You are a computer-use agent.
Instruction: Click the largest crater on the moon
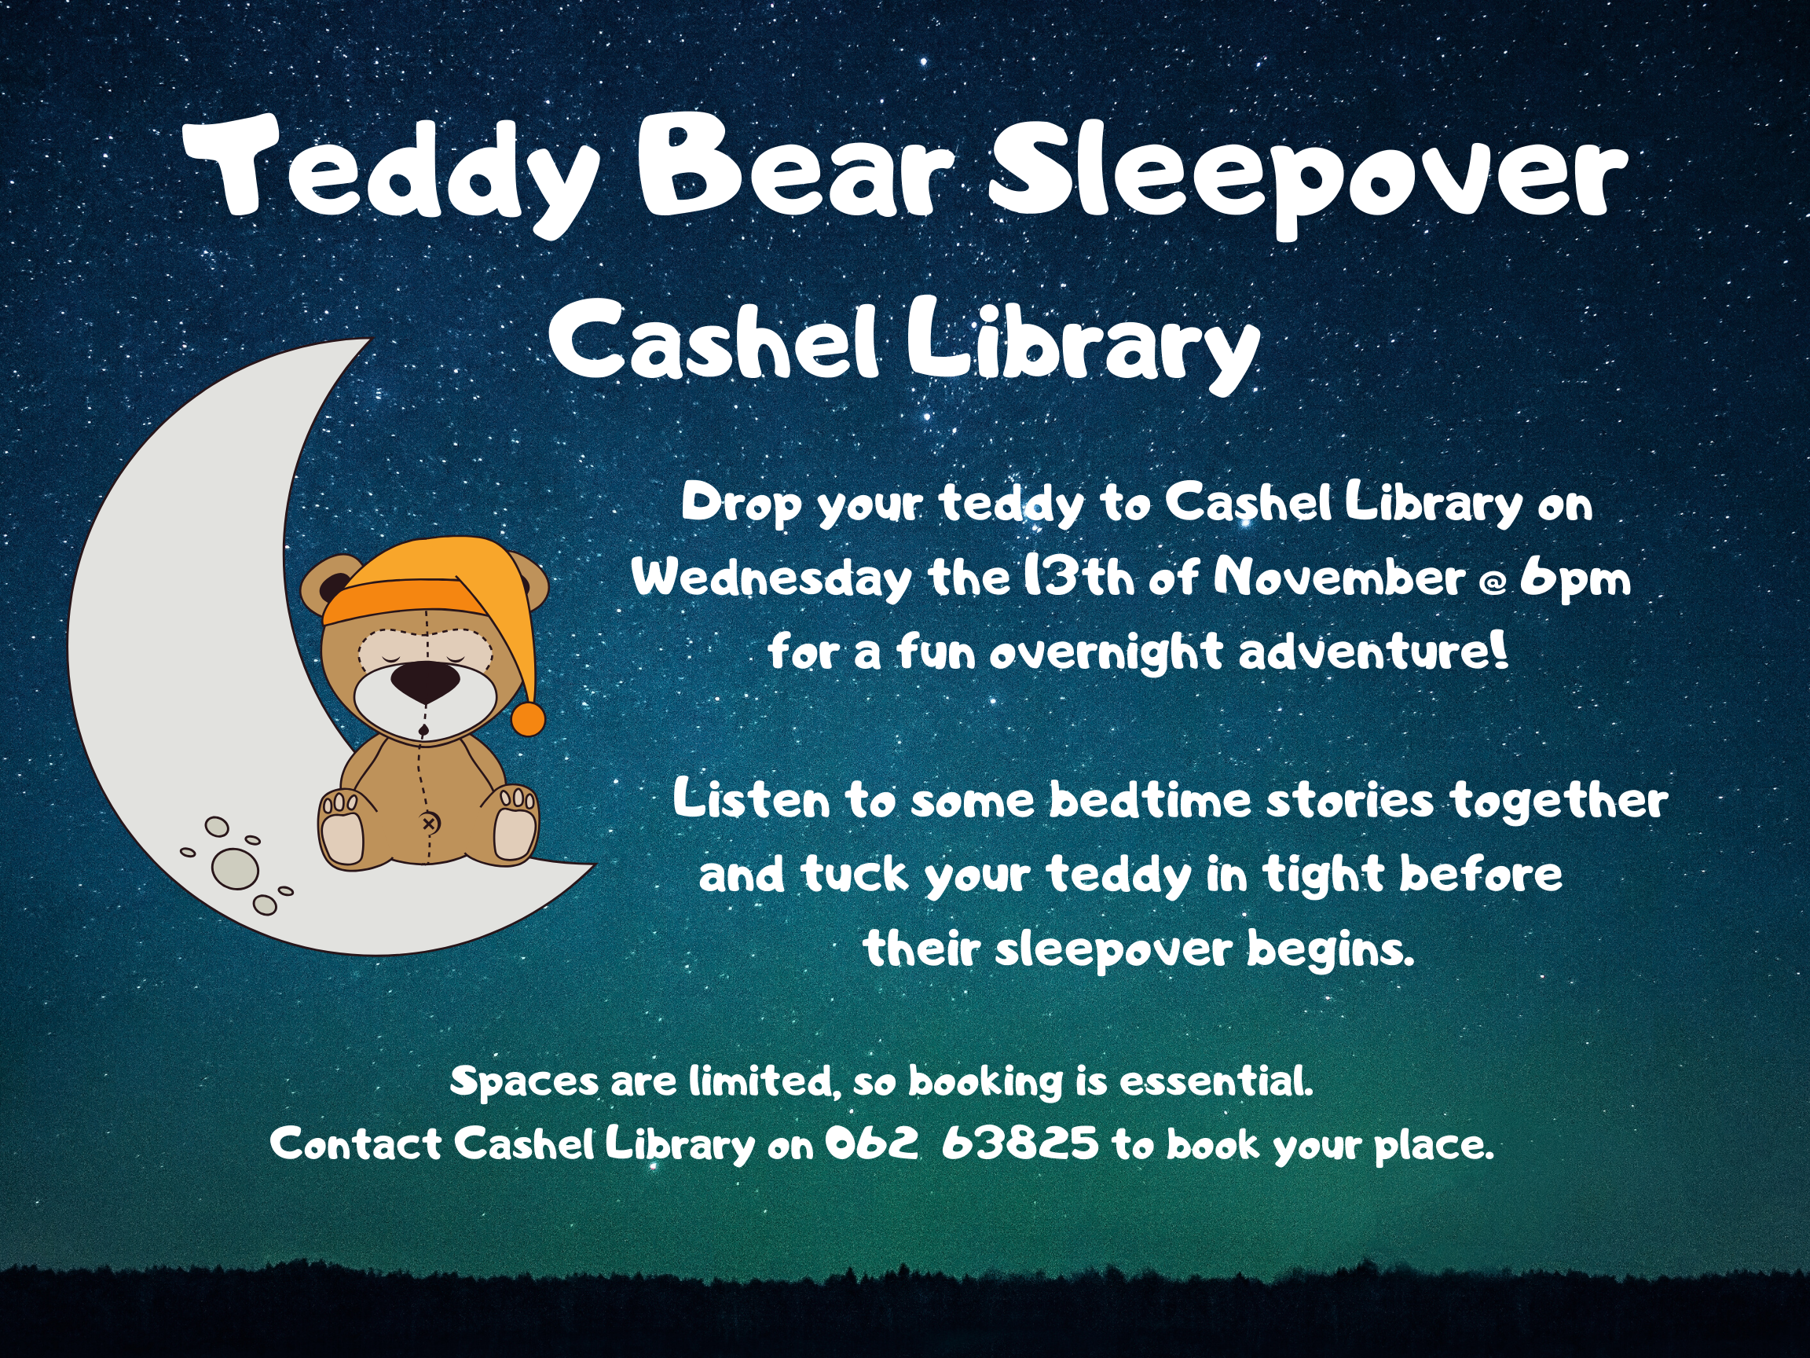click(236, 868)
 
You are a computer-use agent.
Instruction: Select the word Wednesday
click(771, 579)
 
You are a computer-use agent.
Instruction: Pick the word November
click(1339, 578)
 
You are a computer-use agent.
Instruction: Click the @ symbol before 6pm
click(1493, 585)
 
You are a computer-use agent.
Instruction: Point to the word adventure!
click(1373, 652)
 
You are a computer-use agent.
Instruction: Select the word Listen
click(751, 799)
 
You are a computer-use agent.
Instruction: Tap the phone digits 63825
click(1020, 1143)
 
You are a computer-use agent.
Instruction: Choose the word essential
click(1216, 1082)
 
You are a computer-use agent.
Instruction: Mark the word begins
click(1331, 951)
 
